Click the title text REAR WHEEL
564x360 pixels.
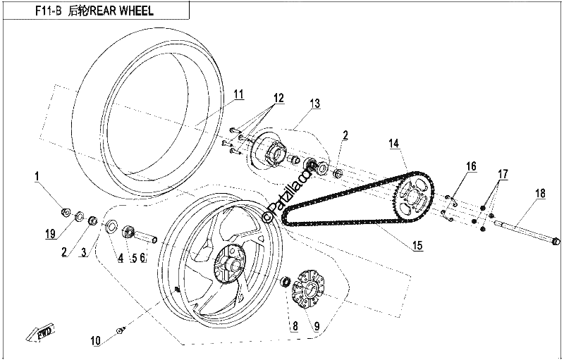[x=121, y=11]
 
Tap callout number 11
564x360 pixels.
[x=238, y=94]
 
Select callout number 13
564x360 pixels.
[x=314, y=104]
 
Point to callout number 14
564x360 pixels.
[x=394, y=144]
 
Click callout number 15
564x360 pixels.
[x=417, y=246]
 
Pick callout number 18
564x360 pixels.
[x=540, y=193]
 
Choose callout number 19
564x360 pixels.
[x=50, y=235]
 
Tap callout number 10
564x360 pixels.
[x=96, y=340]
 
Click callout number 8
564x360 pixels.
[x=295, y=326]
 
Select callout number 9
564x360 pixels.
[x=317, y=326]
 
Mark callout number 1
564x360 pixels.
[x=37, y=176]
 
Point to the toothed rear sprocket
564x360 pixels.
[x=415, y=197]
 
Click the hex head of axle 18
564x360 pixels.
[x=556, y=241]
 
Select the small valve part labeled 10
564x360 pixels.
[x=121, y=330]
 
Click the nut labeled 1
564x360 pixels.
[x=66, y=212]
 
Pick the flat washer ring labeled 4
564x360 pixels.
[x=111, y=226]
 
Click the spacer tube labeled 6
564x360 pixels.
[x=147, y=237]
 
